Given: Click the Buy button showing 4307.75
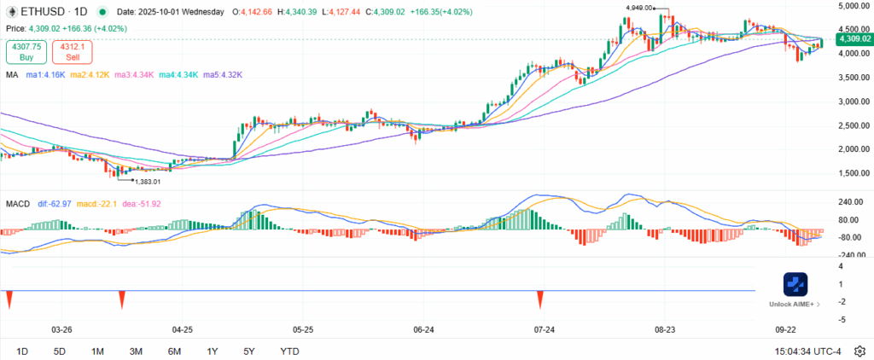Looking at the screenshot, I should tap(26, 51).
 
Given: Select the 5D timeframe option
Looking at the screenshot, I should tap(59, 351).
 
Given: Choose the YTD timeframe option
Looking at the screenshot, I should tap(289, 351).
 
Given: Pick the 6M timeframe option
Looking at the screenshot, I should tap(174, 351).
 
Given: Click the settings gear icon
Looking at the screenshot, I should tap(859, 351).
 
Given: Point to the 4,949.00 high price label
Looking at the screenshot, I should tap(638, 8).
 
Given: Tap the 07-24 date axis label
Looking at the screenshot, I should tap(544, 328).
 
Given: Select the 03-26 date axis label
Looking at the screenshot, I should tap(61, 328).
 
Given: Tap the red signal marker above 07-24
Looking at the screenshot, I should tap(540, 299).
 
